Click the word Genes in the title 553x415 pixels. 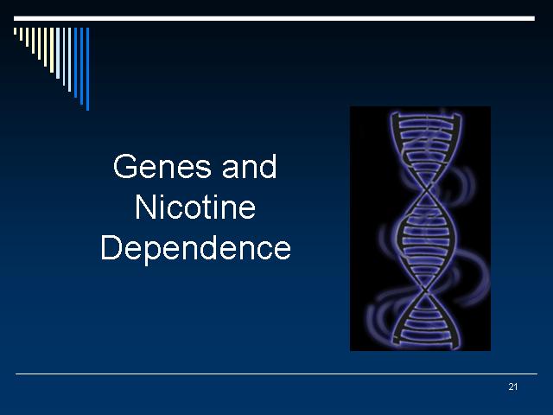(162, 166)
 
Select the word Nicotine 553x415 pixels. (195, 207)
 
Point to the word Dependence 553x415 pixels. (196, 248)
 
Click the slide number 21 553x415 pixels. (512, 386)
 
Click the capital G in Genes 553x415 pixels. (124, 166)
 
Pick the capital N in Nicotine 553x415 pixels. (145, 207)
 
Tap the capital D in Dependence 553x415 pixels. (111, 247)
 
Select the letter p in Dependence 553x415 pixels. (155, 253)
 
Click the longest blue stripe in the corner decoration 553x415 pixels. (88, 69)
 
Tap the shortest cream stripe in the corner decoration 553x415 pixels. (16, 31)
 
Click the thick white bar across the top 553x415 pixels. (275, 18)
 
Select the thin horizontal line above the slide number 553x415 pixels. (276, 373)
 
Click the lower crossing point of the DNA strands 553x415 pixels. (426, 290)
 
